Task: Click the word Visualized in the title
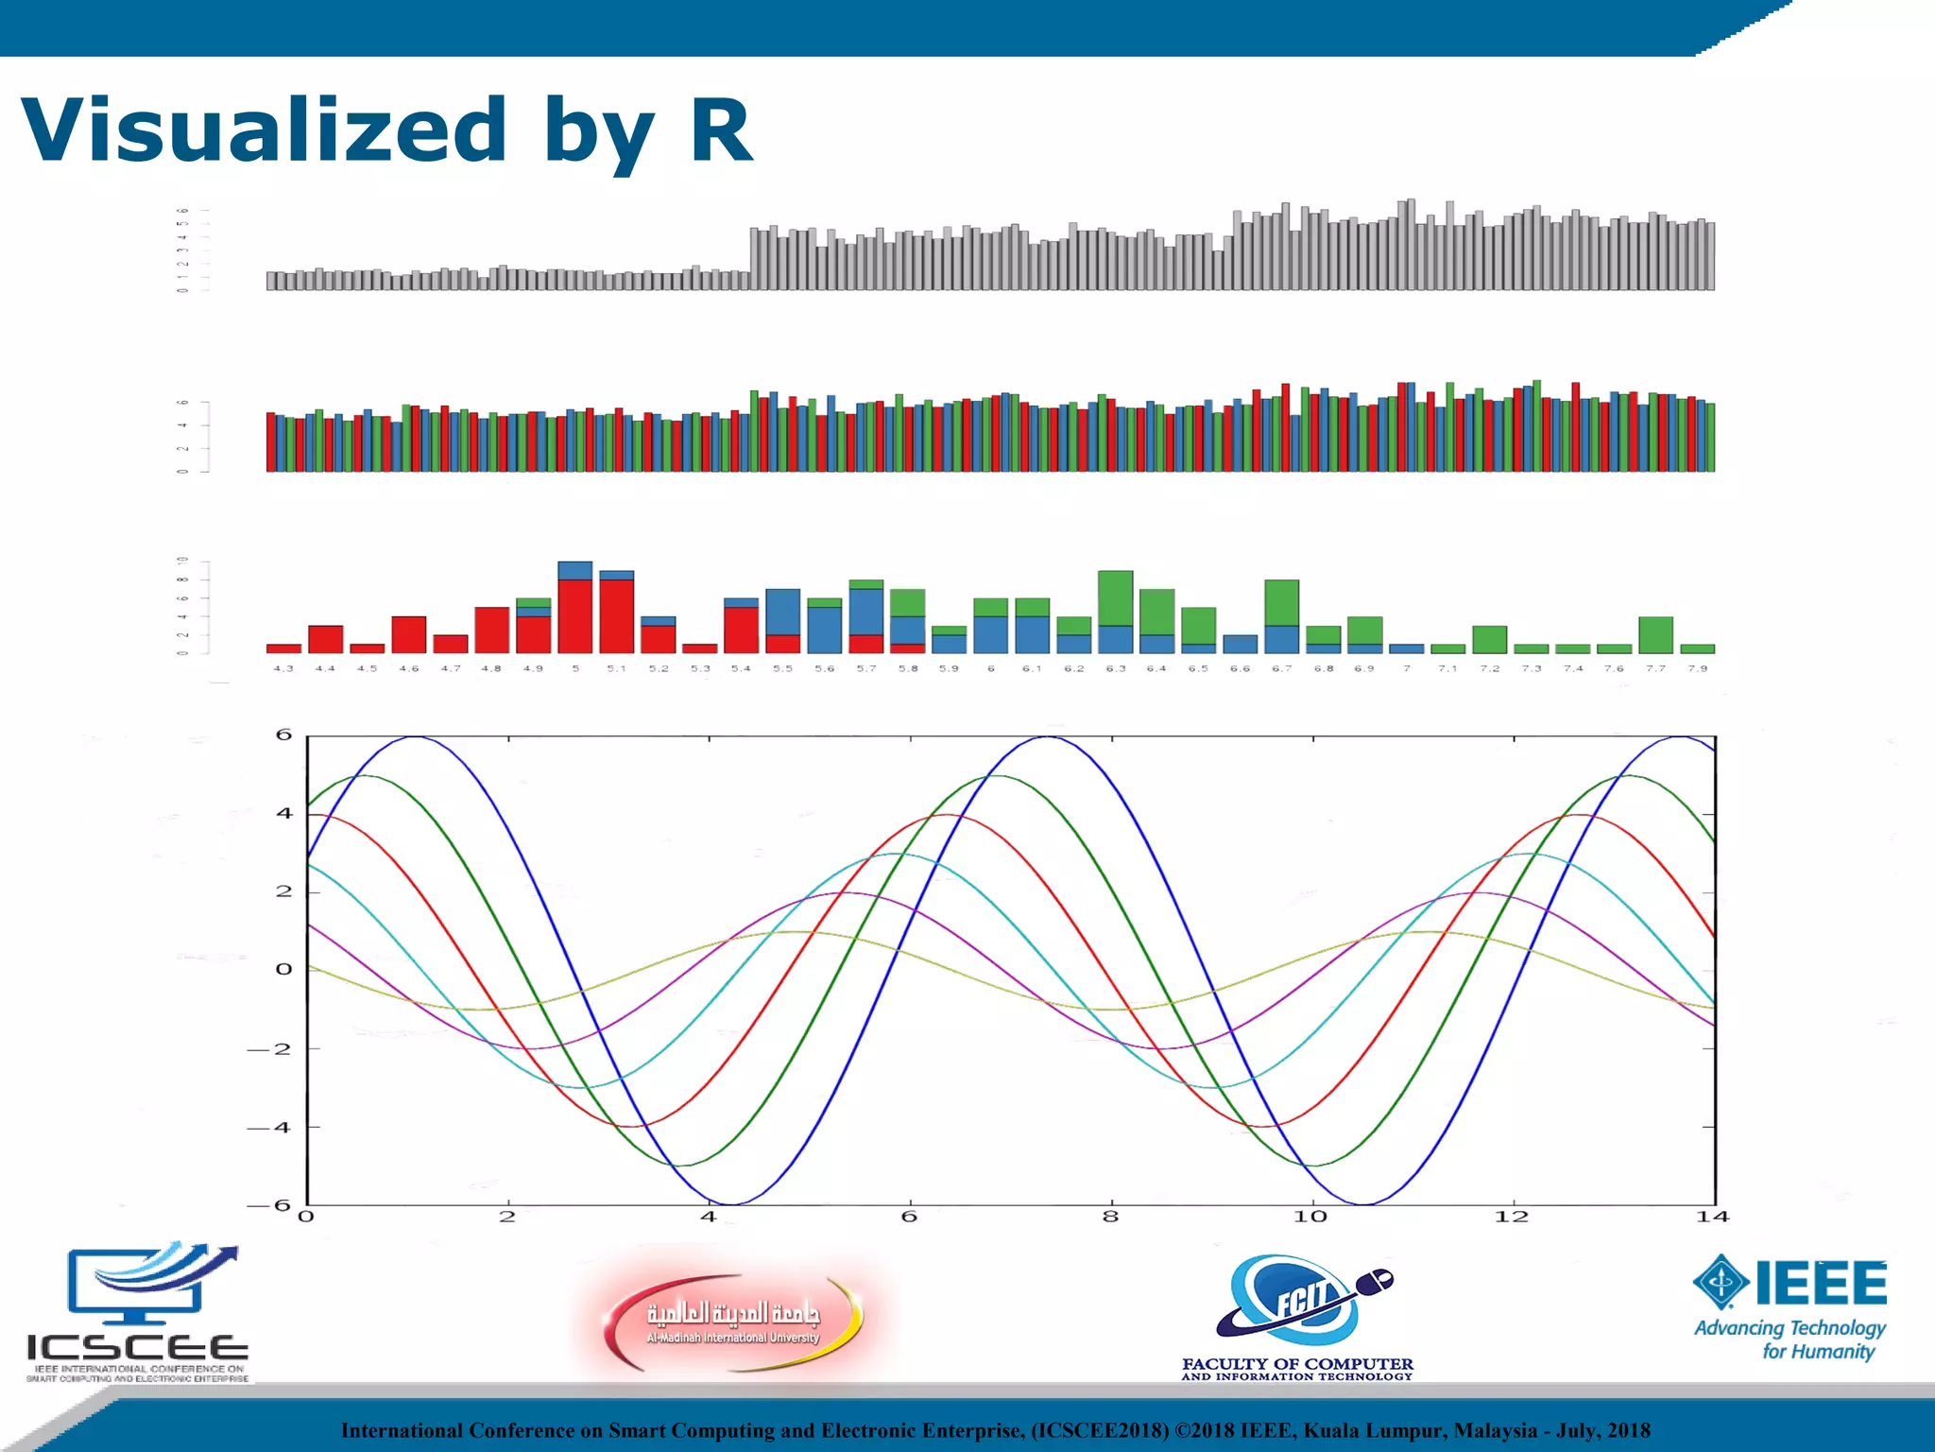[265, 130]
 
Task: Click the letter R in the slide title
[721, 130]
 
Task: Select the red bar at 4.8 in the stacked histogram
[491, 631]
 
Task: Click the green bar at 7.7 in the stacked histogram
[1655, 635]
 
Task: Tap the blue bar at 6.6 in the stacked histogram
[1240, 645]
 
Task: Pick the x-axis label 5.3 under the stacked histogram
[699, 668]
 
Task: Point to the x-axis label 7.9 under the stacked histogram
[1697, 668]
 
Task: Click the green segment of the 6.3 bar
[1115, 598]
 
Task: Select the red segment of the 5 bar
[574, 616]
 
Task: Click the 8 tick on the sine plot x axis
[1110, 1218]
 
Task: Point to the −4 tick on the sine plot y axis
[269, 1128]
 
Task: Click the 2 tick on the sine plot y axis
[283, 891]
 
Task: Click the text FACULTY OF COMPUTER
[1297, 1364]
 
